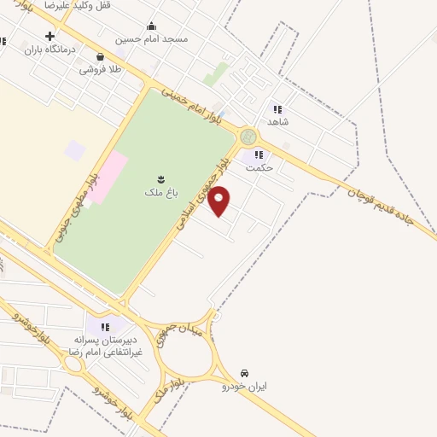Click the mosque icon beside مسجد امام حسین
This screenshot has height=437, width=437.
pos(151,26)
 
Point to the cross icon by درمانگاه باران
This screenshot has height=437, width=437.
pos(50,37)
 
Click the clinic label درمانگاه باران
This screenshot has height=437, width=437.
pos(75,50)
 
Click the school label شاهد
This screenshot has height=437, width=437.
pos(278,121)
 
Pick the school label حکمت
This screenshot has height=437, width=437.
pos(258,168)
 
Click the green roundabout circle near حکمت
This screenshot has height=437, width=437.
pos(248,137)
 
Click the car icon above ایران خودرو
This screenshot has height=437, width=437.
pos(245,374)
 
